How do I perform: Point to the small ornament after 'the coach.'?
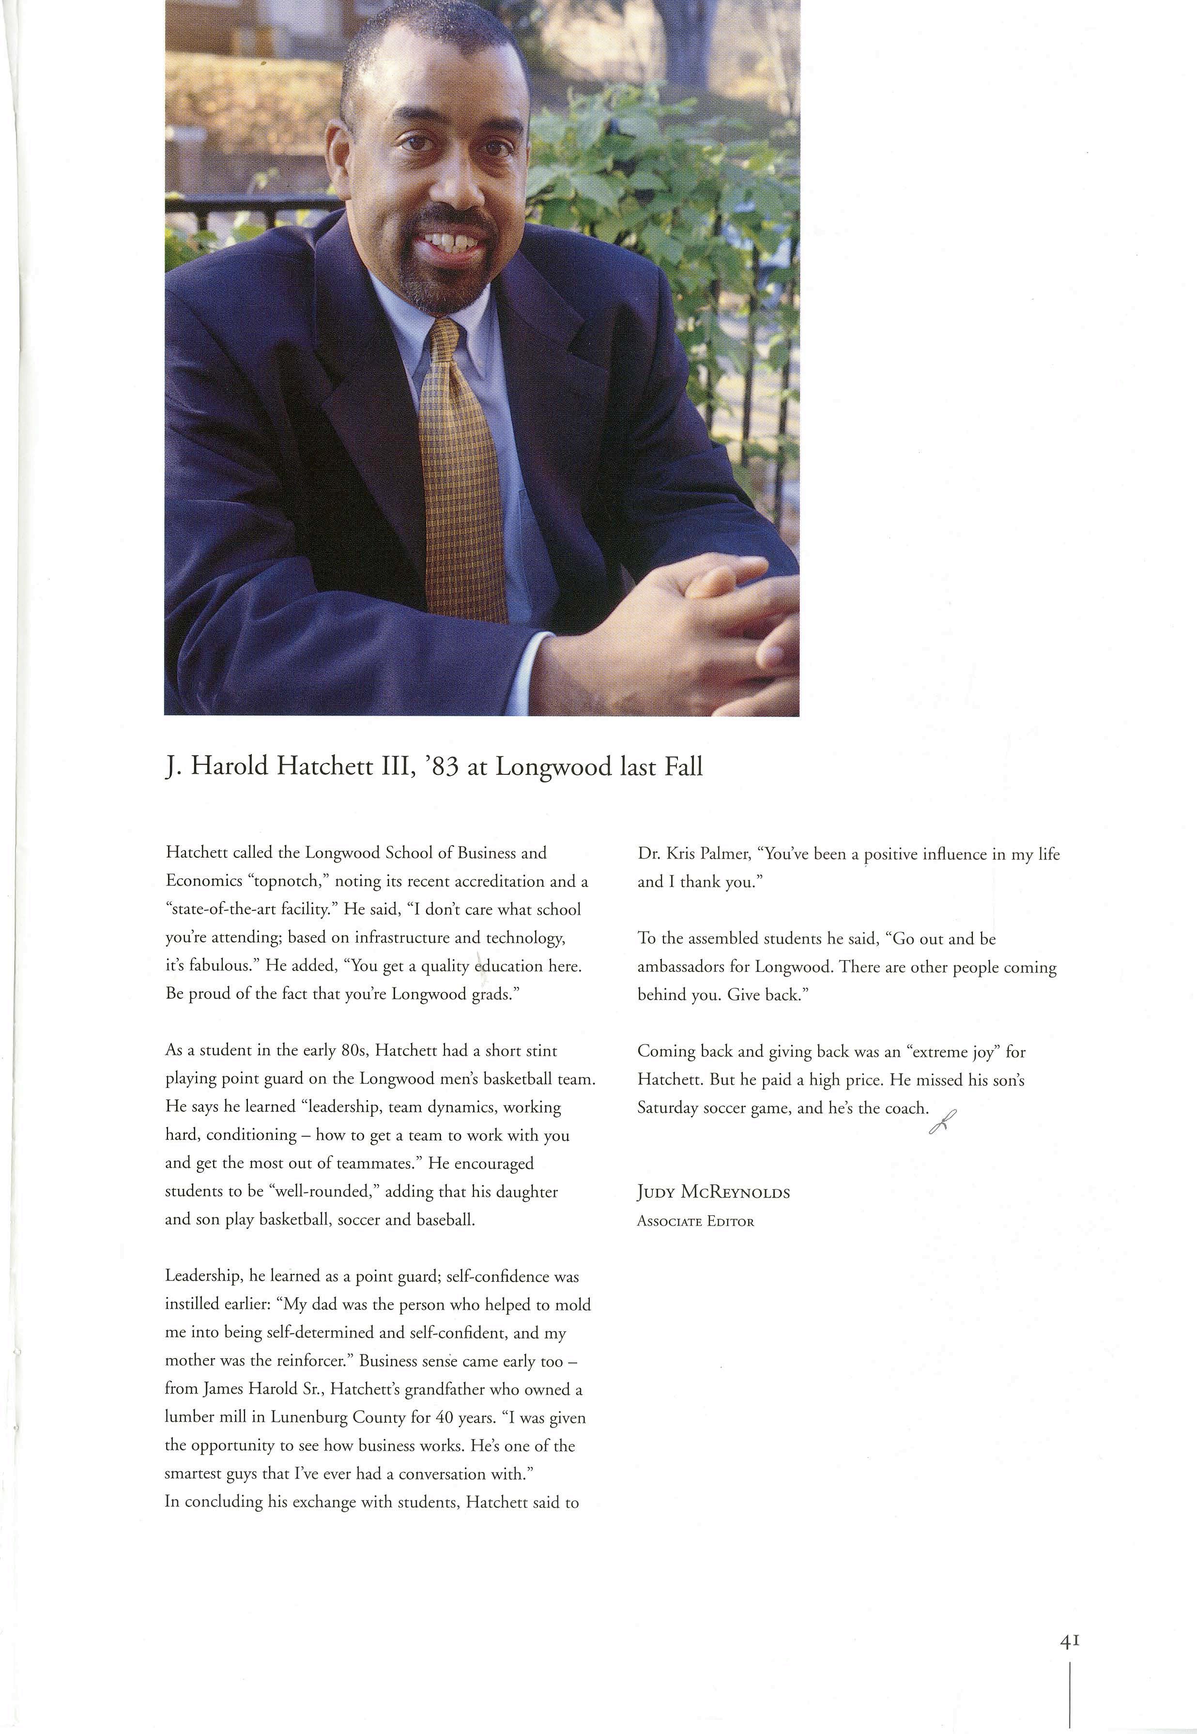click(943, 1121)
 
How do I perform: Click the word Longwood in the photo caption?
click(553, 767)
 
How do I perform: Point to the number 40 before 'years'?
click(445, 1417)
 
